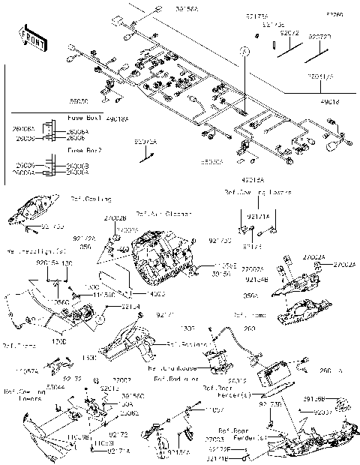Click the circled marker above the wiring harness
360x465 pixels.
coord(244,52)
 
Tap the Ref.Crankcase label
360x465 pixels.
coord(174,369)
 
